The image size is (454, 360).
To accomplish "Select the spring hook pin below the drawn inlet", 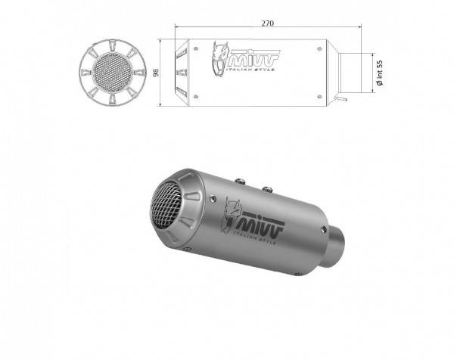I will point(344,98).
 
